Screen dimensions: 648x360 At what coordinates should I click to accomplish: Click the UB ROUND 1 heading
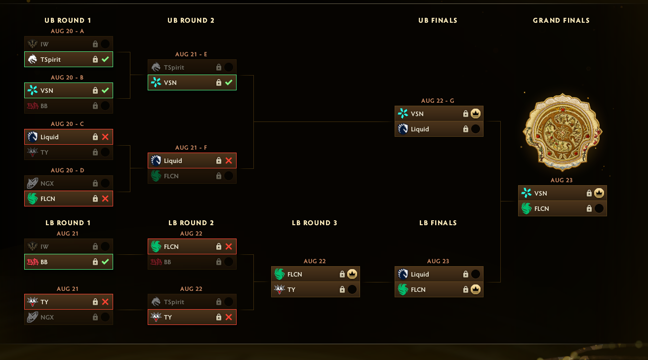click(68, 20)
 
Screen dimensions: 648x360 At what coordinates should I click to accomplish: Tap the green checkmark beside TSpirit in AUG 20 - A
click(105, 59)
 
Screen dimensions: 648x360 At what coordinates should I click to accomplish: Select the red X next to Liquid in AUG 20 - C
click(105, 137)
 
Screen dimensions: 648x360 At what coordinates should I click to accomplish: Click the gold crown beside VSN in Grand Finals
click(599, 193)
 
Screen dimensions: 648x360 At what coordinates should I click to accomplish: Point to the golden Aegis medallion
click(562, 131)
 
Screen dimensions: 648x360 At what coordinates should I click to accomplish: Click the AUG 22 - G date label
click(438, 101)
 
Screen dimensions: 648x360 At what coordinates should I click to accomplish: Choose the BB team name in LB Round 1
click(44, 262)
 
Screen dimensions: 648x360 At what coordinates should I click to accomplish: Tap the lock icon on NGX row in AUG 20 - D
click(95, 183)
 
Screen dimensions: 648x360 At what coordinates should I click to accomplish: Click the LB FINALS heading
click(438, 223)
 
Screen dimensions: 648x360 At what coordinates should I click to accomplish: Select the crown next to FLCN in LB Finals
click(475, 289)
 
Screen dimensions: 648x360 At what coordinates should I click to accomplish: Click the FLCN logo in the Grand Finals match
click(526, 208)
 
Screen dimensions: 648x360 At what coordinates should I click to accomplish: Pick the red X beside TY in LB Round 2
click(229, 317)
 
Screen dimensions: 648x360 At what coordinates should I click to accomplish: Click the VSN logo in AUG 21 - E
click(156, 82)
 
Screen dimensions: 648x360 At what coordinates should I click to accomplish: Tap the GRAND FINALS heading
click(561, 20)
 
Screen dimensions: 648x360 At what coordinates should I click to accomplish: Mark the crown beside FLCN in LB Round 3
click(352, 274)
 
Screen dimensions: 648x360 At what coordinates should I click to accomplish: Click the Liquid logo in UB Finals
click(403, 129)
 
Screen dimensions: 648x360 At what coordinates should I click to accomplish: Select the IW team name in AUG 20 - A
click(44, 44)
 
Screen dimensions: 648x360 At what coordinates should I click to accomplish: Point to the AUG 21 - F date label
click(191, 148)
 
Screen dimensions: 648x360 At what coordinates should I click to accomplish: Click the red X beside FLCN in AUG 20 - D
click(105, 199)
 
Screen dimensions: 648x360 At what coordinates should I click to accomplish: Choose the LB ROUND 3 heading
click(315, 223)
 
